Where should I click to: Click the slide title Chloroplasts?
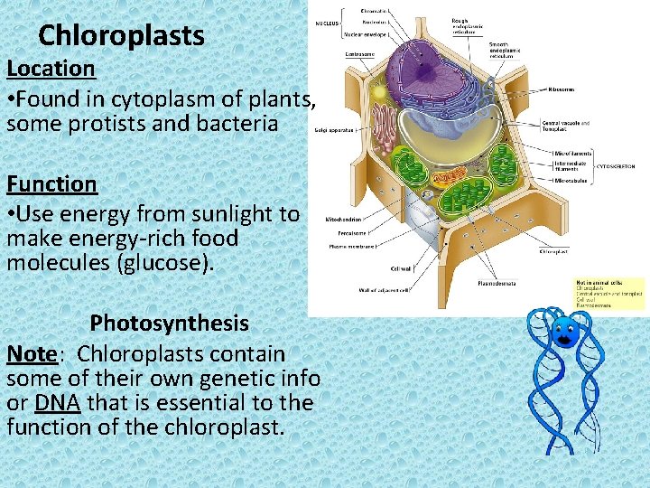[x=122, y=36]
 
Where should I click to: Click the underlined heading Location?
[x=51, y=69]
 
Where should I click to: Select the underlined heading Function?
[x=51, y=184]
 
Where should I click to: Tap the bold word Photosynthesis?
[x=169, y=324]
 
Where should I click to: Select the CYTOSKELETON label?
[x=618, y=166]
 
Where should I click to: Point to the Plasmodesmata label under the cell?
[x=497, y=283]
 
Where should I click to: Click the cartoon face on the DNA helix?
[x=566, y=332]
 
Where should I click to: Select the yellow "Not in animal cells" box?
[x=610, y=294]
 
